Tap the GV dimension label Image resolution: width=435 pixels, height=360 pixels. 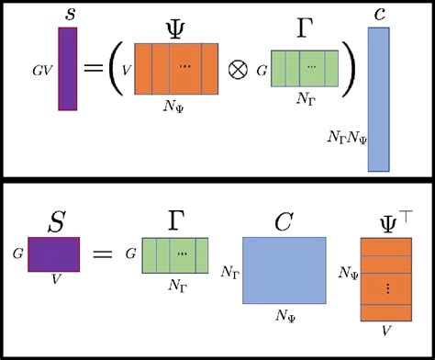41,68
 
